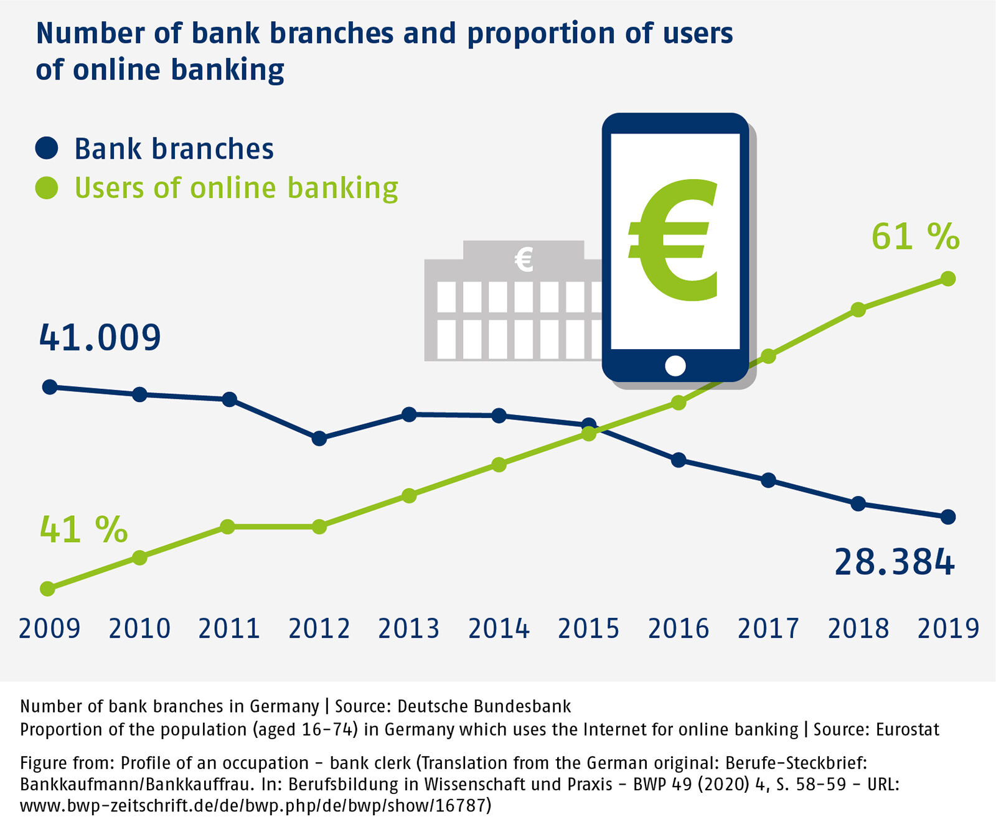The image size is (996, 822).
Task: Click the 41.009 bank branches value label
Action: [x=100, y=338]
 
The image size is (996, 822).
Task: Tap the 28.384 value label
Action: [x=894, y=562]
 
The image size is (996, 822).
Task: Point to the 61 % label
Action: [x=915, y=236]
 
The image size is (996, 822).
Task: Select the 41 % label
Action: [x=83, y=530]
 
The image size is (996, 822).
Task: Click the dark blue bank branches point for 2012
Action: [x=319, y=438]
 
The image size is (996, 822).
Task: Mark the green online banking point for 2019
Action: [x=947, y=279]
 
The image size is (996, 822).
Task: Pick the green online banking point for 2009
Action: [x=48, y=588]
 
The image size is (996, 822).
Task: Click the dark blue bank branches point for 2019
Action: [x=947, y=516]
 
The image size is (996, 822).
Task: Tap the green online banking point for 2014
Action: [x=499, y=464]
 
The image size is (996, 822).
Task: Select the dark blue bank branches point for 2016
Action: [x=679, y=460]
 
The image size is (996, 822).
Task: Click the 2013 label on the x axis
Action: [x=409, y=629]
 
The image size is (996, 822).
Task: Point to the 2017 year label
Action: [x=768, y=629]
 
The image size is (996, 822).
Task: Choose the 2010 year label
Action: [x=139, y=629]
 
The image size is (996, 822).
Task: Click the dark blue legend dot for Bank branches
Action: [x=47, y=149]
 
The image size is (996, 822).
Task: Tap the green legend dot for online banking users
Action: [x=47, y=187]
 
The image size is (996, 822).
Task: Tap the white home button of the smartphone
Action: [x=675, y=366]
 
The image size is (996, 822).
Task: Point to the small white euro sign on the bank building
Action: [x=524, y=259]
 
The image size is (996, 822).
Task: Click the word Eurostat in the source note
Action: [x=907, y=729]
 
